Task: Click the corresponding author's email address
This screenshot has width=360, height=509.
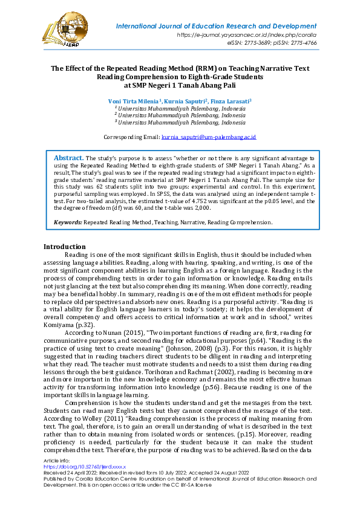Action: point(209,137)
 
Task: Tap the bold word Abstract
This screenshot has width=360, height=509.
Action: point(68,158)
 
